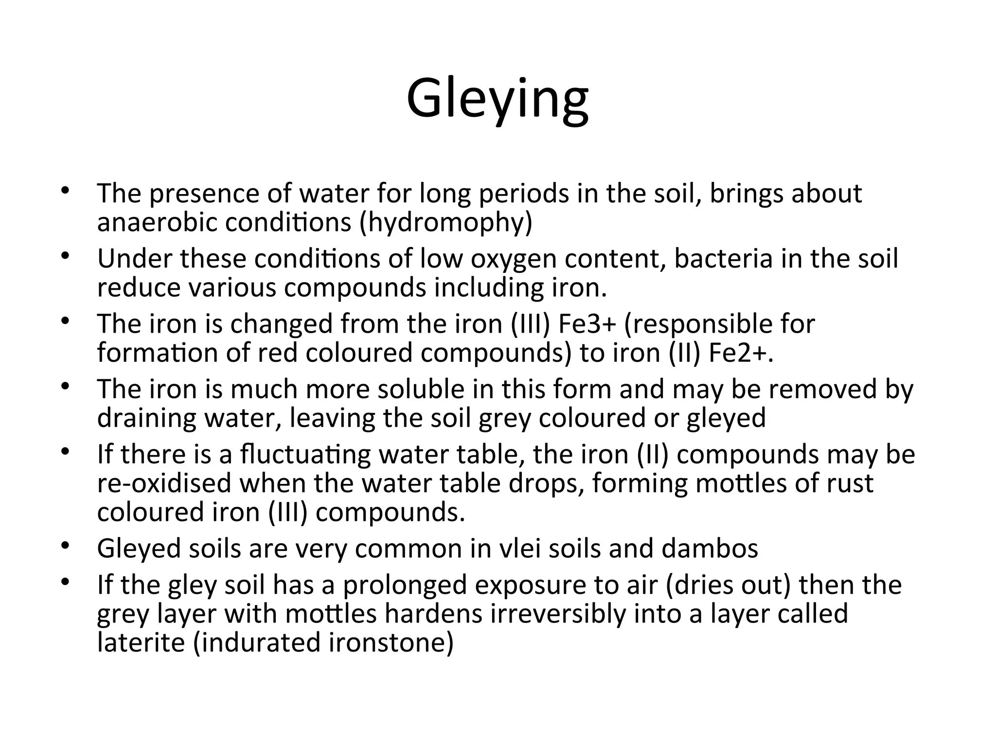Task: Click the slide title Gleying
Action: point(498,99)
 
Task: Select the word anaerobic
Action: point(157,223)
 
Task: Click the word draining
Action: point(146,418)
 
